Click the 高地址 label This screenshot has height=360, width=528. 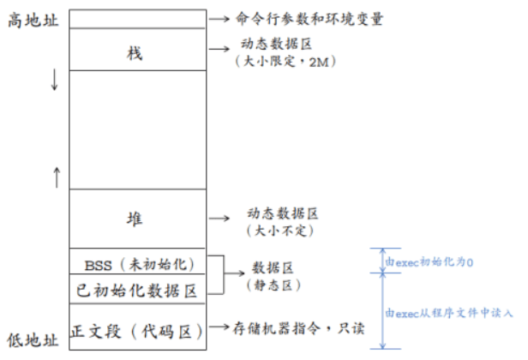tap(33, 19)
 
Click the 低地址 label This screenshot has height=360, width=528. tap(33, 340)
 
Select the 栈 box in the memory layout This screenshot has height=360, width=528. tap(135, 53)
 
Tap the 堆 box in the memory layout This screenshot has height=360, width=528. tap(135, 219)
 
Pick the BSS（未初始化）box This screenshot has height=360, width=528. tap(135, 262)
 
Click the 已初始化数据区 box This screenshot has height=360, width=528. tap(135, 291)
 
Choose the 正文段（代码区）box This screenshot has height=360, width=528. tap(136, 330)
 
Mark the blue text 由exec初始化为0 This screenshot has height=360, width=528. tap(430, 261)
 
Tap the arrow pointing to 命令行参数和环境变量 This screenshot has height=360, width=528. tap(220, 18)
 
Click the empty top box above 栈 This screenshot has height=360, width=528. tap(135, 18)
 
